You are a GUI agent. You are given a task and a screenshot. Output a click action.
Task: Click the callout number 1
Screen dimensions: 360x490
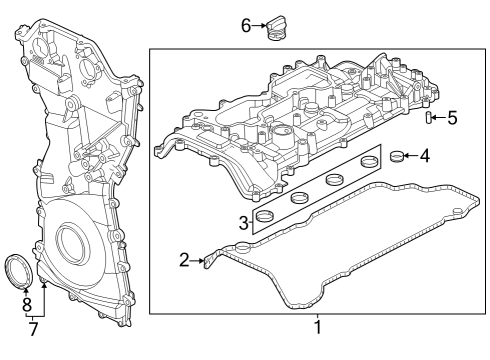[318, 326]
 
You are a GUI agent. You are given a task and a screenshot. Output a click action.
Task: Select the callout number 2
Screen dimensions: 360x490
[184, 260]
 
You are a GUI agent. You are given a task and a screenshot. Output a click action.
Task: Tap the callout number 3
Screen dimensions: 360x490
[243, 221]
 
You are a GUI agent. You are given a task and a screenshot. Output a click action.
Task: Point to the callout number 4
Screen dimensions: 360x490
[424, 155]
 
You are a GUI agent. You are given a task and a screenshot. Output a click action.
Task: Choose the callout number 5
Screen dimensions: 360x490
[452, 118]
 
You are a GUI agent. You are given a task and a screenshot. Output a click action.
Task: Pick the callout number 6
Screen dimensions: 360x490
[246, 24]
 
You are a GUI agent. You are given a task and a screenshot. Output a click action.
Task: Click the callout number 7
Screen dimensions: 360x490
[34, 327]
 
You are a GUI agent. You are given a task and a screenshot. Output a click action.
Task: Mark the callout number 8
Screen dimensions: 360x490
[27, 303]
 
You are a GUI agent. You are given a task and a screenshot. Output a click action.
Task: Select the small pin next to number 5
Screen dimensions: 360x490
[428, 119]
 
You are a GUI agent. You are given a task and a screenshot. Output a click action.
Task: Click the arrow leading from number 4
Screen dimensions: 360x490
[411, 155]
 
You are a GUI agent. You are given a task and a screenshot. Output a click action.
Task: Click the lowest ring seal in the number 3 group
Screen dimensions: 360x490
[266, 217]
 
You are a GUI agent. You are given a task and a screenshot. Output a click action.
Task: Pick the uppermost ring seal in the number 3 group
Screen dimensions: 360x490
[369, 160]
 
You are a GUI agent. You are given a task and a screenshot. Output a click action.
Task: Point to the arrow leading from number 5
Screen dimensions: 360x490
[439, 118]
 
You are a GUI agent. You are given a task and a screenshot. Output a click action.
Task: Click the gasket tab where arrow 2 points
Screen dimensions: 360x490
[208, 262]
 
